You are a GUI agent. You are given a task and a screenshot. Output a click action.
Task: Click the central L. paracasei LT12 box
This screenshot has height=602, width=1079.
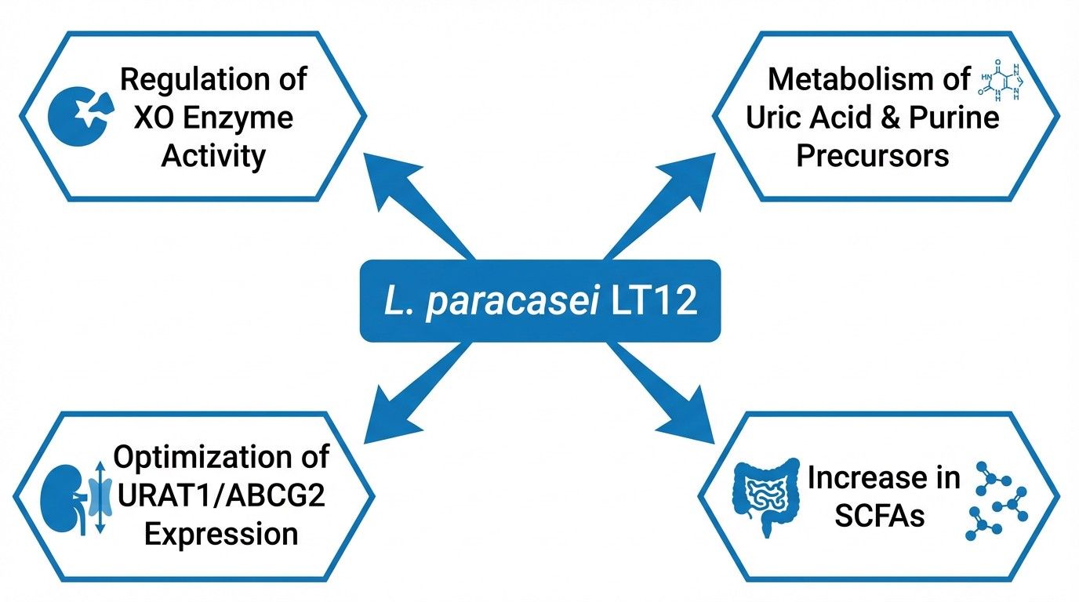tap(539, 301)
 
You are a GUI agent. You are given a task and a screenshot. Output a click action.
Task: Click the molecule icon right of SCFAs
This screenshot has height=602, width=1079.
tap(998, 499)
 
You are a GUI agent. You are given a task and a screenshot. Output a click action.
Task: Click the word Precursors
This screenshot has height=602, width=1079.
tap(872, 154)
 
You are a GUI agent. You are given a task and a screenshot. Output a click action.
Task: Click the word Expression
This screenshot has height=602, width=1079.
tap(221, 534)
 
